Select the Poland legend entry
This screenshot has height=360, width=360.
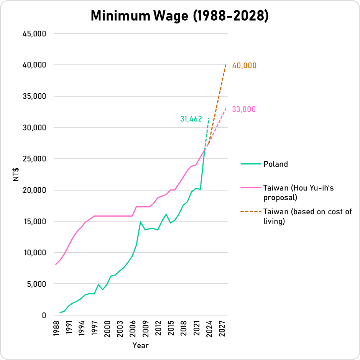275,164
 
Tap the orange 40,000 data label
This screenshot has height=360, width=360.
244,66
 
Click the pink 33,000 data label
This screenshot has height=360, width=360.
244,110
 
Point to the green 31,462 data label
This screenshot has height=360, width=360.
191,119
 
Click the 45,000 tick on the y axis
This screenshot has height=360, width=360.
35,34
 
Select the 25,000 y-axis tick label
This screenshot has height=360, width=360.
35,159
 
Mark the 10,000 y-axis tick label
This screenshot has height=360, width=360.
35,253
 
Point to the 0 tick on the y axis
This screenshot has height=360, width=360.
44,316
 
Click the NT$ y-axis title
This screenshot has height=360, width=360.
16,174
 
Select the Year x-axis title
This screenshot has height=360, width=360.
140,346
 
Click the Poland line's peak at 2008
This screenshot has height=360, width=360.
141,222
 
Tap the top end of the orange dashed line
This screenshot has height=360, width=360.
226,65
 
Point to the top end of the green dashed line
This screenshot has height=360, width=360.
209,118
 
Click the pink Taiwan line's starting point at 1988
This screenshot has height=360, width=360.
56,265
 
